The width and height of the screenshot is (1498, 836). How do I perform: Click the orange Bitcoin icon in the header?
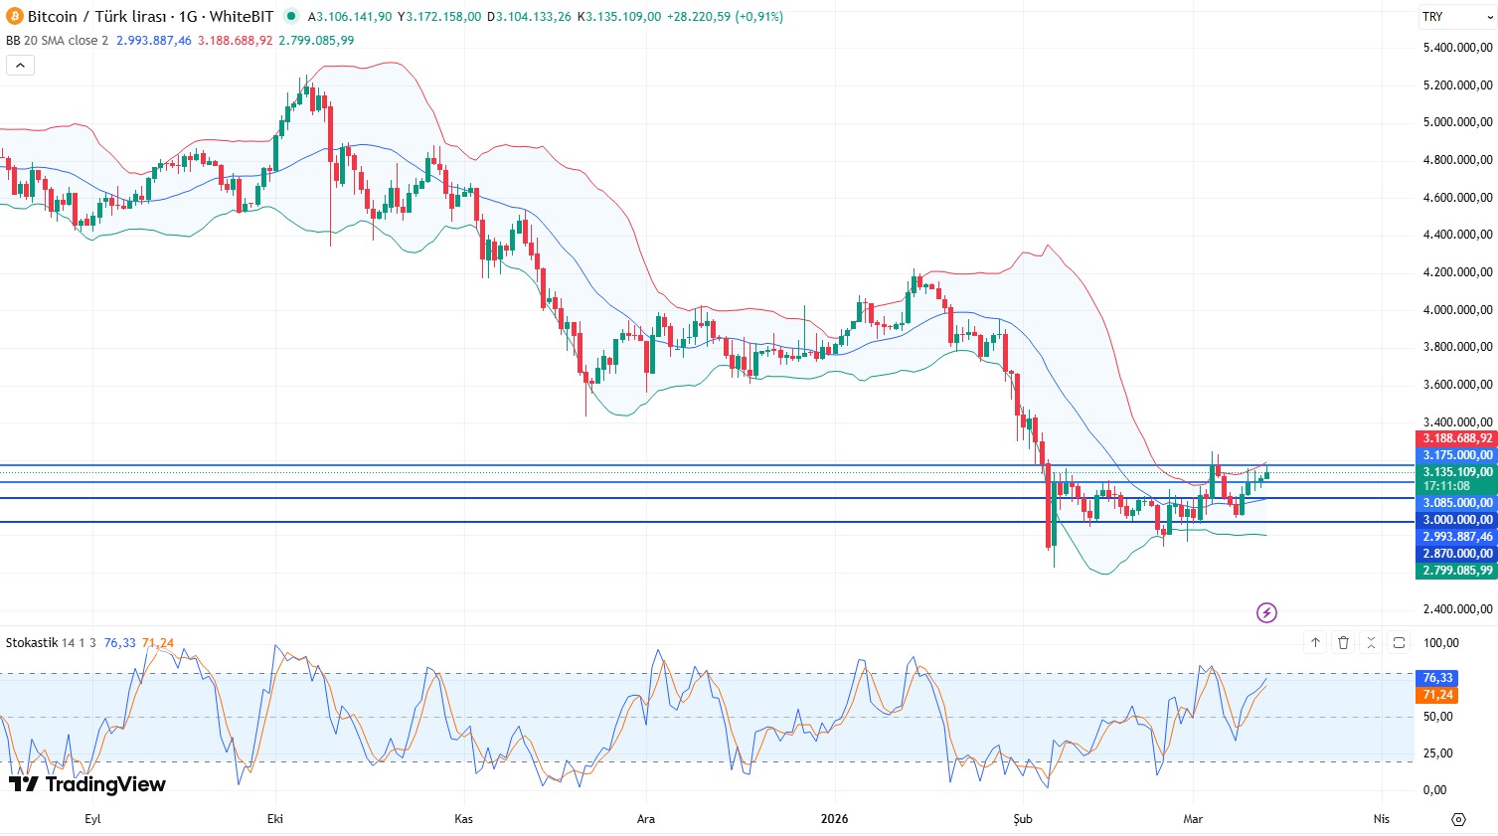(x=14, y=16)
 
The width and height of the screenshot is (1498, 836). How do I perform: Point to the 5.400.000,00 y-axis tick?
(x=1457, y=48)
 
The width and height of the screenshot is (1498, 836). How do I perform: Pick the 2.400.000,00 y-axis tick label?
(x=1457, y=609)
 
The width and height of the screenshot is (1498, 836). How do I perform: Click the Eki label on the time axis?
(x=275, y=819)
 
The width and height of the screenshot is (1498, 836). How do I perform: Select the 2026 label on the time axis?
(x=834, y=819)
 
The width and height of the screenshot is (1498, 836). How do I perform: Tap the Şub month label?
(x=1023, y=819)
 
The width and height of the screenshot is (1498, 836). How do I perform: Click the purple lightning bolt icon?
(x=1266, y=612)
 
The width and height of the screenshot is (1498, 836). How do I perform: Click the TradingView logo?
(x=87, y=784)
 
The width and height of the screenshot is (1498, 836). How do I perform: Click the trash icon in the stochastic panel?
(x=1343, y=643)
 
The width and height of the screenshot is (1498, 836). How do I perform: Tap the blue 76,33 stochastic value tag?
(x=1437, y=678)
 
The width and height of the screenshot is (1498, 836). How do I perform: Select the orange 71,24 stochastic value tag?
(x=1437, y=695)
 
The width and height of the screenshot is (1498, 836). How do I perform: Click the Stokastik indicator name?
(x=32, y=643)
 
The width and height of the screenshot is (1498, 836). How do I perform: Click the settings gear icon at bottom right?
(x=1458, y=819)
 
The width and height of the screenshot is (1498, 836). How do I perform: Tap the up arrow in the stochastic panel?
(x=1315, y=643)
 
